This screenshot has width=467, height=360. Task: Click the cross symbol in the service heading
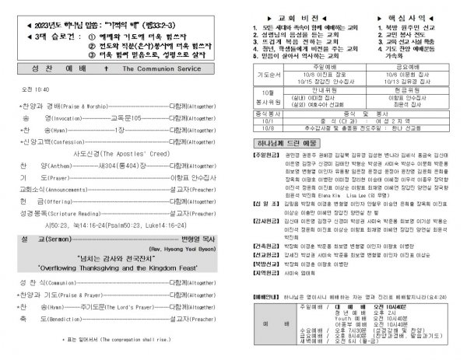116,89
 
